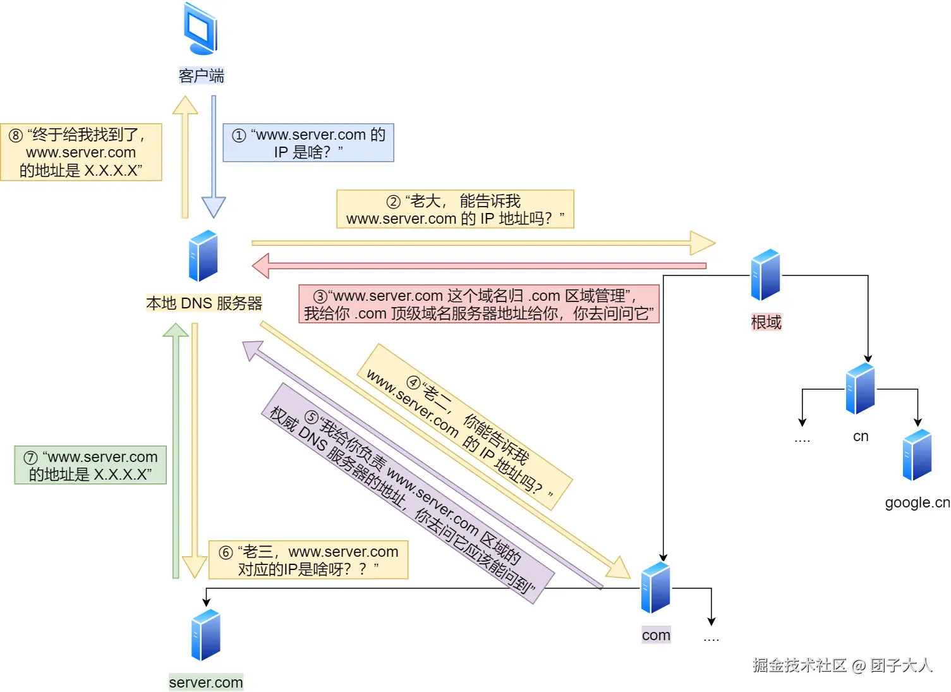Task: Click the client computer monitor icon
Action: tap(201, 29)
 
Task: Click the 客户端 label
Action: tap(201, 76)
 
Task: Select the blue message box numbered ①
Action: tap(308, 143)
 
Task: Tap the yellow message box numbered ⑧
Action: tap(81, 152)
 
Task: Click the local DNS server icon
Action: tap(203, 256)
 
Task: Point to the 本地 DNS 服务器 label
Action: tap(203, 303)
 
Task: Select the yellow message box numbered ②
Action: tap(455, 209)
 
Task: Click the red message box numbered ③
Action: tap(478, 304)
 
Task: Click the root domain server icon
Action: tap(765, 275)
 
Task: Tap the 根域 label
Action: tap(766, 322)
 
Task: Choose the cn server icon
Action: tap(861, 389)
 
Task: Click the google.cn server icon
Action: tap(918, 455)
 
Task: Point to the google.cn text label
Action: tap(917, 502)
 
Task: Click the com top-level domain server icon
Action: tap(656, 588)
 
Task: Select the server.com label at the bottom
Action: tap(206, 683)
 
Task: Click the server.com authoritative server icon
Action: tap(206, 635)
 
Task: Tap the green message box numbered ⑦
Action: tap(90, 465)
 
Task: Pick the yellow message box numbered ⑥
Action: tap(308, 560)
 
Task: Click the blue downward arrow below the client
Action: tap(214, 158)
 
